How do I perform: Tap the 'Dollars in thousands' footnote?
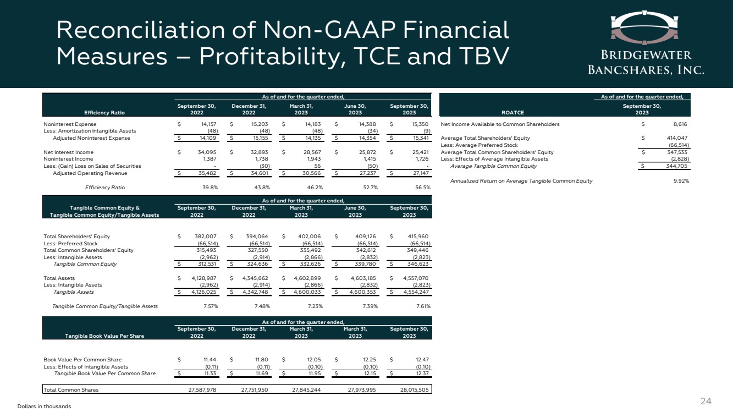pos(44,406)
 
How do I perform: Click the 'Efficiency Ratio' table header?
pos(102,113)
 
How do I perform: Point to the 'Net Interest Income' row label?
pos(68,152)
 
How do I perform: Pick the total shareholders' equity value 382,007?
pos(201,237)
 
